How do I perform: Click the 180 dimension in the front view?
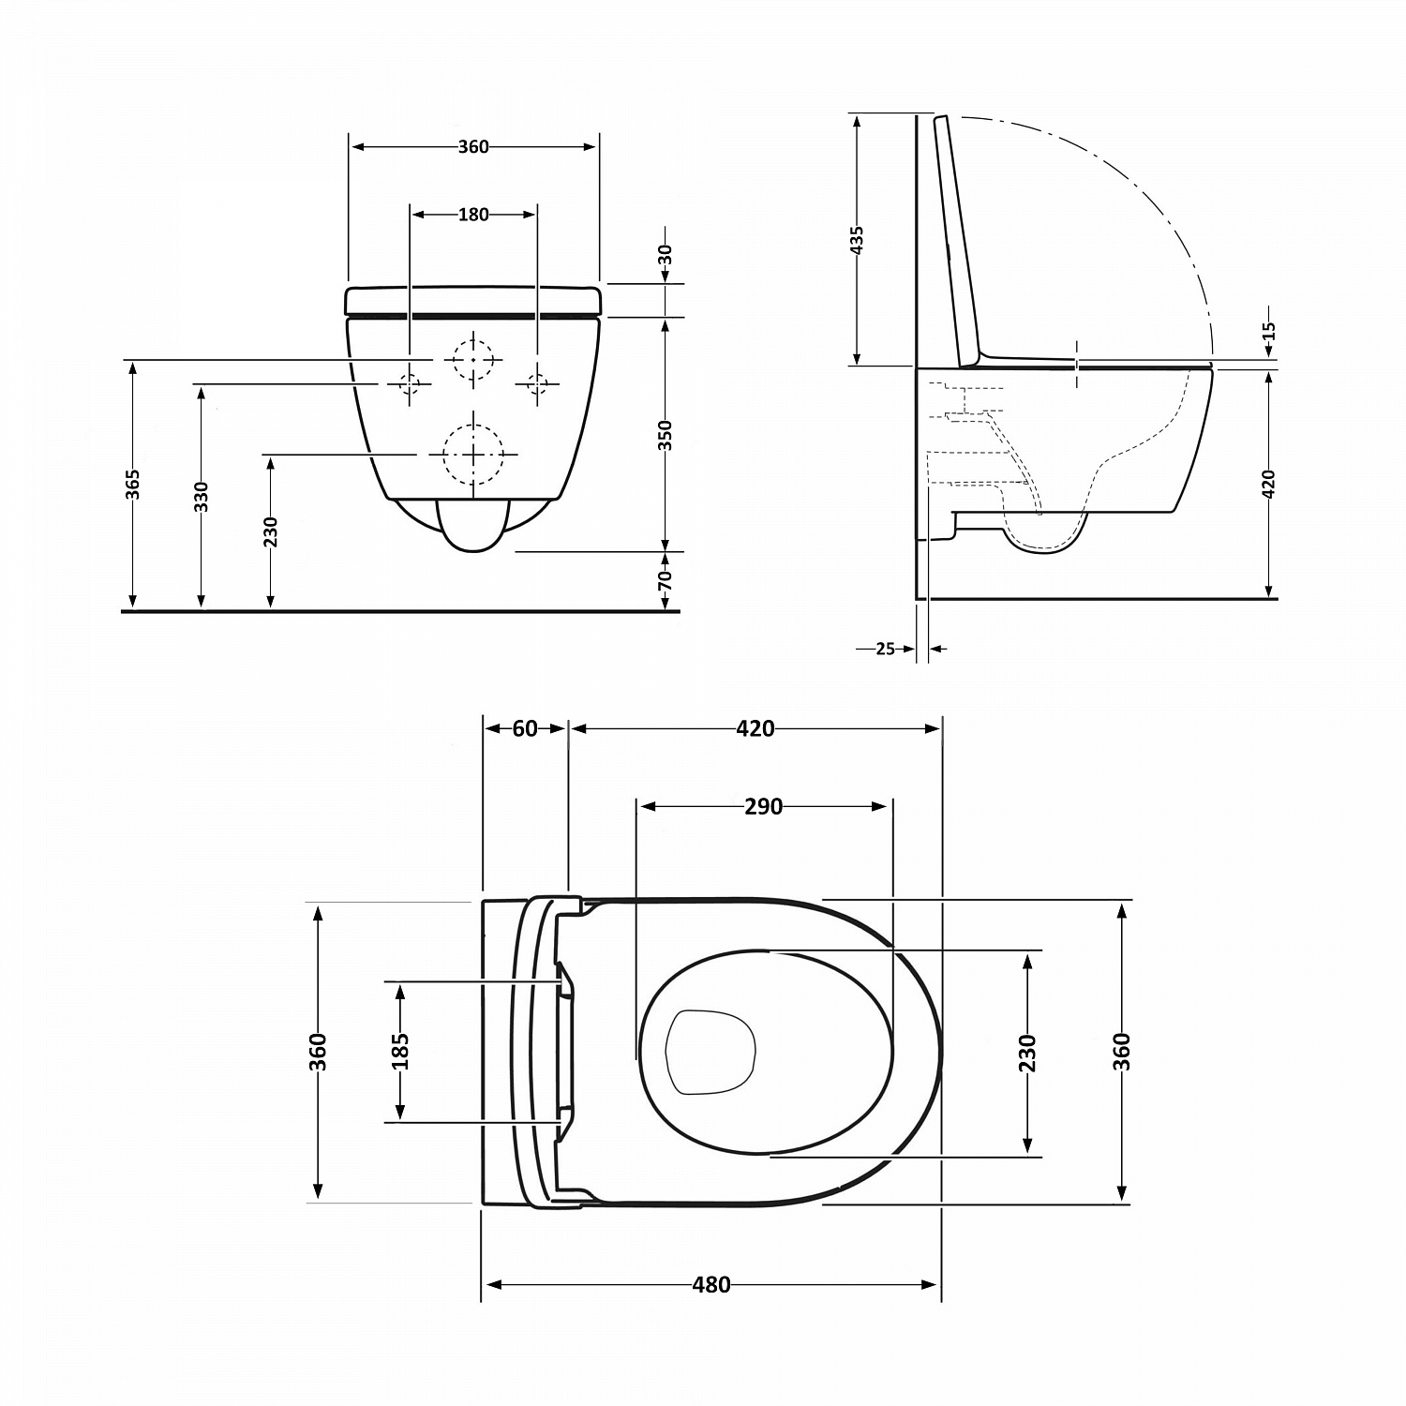pos(473,215)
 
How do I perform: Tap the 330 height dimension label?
pos(201,497)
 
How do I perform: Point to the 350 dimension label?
pos(665,435)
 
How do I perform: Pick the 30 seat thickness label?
pos(665,254)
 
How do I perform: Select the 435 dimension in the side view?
pos(856,240)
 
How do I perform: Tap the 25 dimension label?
pos(886,648)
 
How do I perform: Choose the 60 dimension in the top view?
pos(525,728)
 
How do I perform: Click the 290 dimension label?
pos(763,806)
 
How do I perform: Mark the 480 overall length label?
pos(711,1285)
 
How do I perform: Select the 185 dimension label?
pos(400,1051)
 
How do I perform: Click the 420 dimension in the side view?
pos(1269,485)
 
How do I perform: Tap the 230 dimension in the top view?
pos(1027,1053)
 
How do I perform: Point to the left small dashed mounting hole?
pos(410,383)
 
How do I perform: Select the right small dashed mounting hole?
pos(537,383)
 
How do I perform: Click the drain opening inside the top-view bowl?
pos(710,1052)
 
